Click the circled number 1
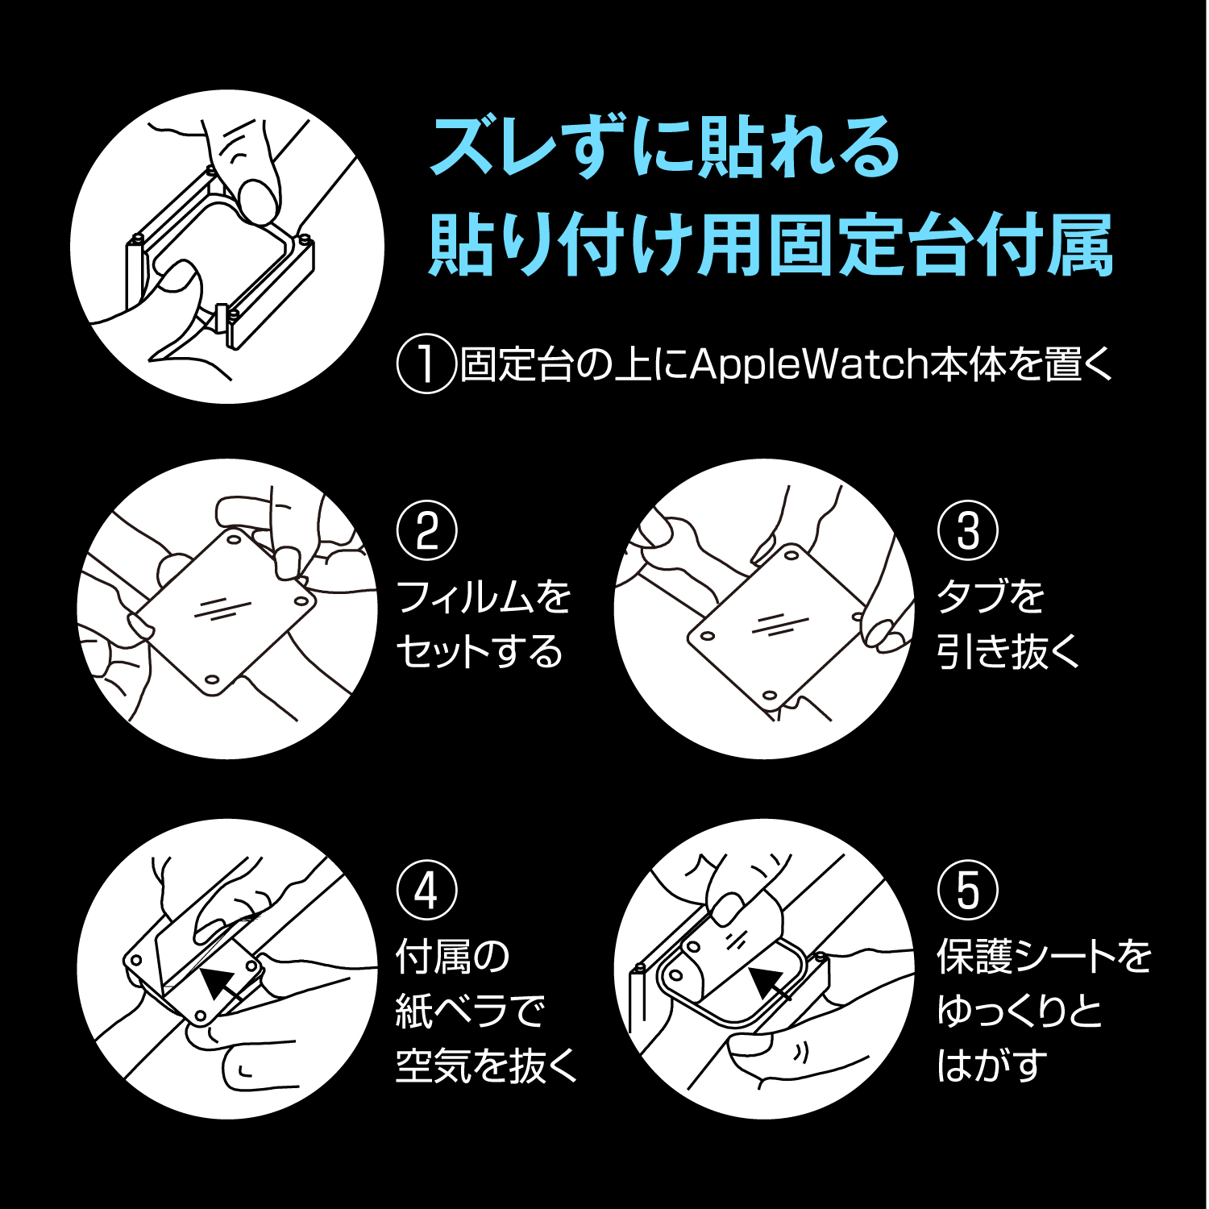(426, 364)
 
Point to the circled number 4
(426, 891)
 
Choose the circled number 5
(967, 891)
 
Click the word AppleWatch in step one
(809, 364)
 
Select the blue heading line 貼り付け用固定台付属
(771, 245)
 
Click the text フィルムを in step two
(484, 597)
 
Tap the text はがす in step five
(992, 1066)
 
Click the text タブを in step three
(991, 597)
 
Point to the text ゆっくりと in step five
(1020, 1011)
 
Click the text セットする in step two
(480, 651)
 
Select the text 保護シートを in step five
(1045, 956)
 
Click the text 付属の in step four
(453, 956)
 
